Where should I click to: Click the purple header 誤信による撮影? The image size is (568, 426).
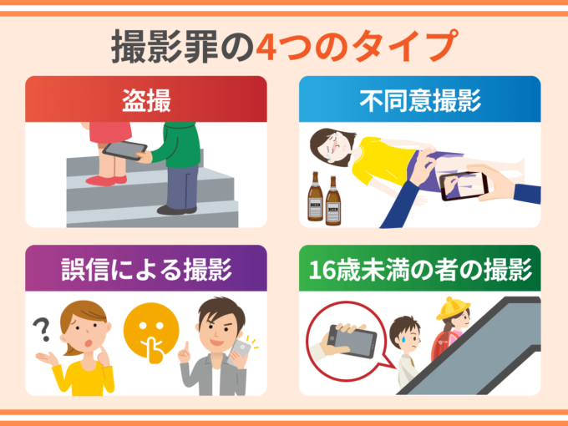tap(146, 268)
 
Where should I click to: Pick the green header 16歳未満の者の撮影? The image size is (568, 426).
tap(420, 268)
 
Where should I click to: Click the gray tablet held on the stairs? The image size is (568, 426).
tap(124, 150)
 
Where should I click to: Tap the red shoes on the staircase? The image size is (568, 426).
tap(107, 180)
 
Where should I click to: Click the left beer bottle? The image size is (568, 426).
tap(315, 196)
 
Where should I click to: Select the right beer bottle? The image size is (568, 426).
tap(333, 201)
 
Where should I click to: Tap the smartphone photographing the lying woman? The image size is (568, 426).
tap(464, 185)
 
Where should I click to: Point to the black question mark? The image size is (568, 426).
tap(42, 330)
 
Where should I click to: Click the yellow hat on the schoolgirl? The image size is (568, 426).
tap(453, 308)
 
